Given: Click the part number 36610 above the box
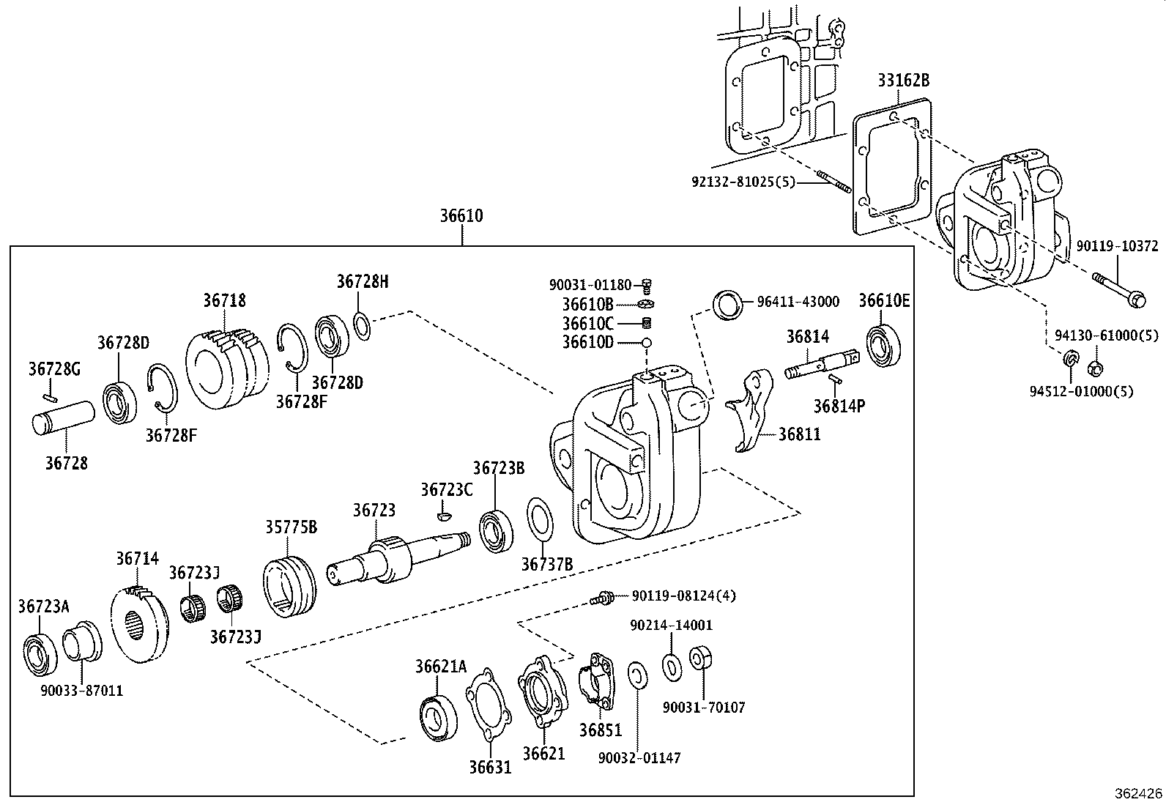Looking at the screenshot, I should pos(461,216).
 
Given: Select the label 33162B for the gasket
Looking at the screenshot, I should pos(903,81).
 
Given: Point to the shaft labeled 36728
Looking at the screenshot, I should pos(63,419).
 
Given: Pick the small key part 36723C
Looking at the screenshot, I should pos(441,516).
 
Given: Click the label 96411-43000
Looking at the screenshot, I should pos(798,302).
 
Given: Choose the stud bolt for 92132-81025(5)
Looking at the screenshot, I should pos(833,182).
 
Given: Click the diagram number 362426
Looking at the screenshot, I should pos(1137,793).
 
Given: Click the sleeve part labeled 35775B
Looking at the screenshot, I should pos(289,587).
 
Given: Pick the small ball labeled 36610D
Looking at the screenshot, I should pos(647,343).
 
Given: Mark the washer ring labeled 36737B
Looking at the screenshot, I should pos(541,520).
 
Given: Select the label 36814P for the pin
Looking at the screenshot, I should pos(839,406).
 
